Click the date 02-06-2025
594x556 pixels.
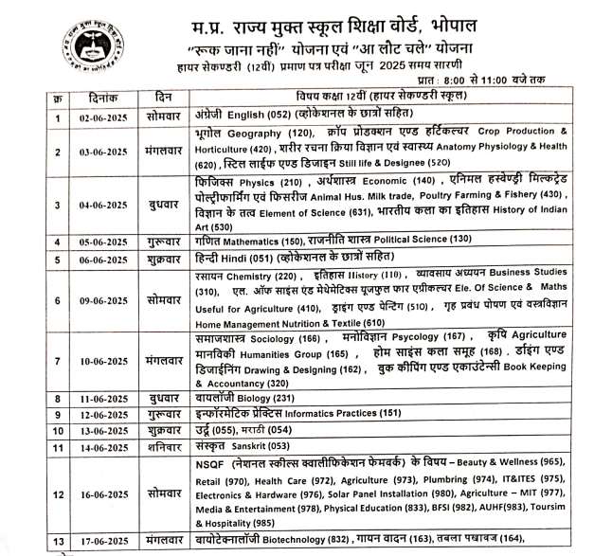pyautogui.click(x=103, y=119)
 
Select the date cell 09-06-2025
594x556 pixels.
pyautogui.click(x=103, y=301)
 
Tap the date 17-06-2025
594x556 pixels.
pyautogui.click(x=103, y=541)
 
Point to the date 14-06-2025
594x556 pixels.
pyautogui.click(x=103, y=446)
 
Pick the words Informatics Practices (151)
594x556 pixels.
pyautogui.click(x=342, y=413)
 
